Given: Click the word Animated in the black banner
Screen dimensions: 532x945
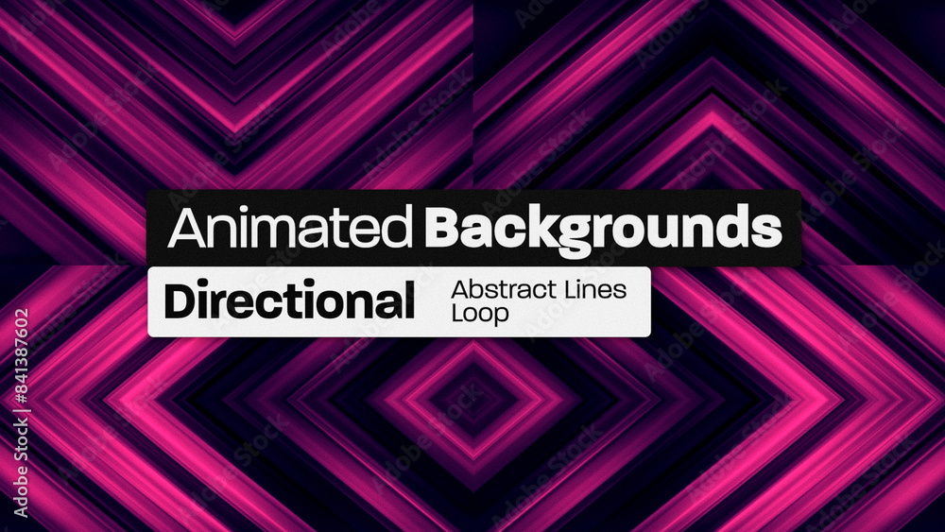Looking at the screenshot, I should [291, 228].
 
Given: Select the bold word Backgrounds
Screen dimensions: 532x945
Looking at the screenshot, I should [603, 228].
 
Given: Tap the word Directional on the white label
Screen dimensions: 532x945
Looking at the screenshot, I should [289, 301].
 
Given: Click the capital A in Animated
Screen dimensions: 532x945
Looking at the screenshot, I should [183, 228].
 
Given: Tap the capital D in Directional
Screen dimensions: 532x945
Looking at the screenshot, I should [180, 301].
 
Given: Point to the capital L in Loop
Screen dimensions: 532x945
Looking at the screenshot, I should [456, 313].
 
